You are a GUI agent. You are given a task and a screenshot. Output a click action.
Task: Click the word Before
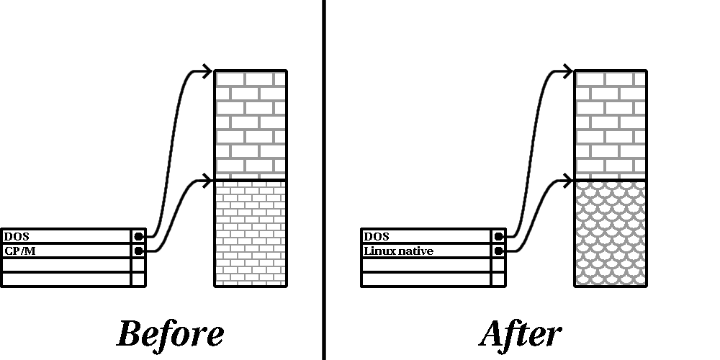[x=170, y=334]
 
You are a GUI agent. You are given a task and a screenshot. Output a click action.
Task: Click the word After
[x=520, y=334]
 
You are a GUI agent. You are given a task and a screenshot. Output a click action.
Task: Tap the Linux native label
[x=398, y=251]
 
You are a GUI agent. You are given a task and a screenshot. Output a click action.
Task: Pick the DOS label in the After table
[x=376, y=236]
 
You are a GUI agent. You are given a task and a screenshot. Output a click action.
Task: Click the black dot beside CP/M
[x=138, y=251]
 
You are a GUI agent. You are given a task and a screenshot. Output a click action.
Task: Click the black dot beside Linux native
[x=498, y=251]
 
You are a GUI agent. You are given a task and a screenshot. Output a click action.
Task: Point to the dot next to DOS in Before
[x=138, y=236]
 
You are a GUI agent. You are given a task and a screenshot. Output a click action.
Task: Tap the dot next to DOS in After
[x=498, y=236]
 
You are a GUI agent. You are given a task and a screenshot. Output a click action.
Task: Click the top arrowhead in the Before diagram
[x=207, y=71]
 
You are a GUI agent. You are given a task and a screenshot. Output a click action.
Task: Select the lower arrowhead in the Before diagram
[x=207, y=178]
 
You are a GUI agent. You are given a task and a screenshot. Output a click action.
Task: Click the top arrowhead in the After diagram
[x=567, y=71]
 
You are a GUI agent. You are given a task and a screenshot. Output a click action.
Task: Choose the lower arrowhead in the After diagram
[x=567, y=178]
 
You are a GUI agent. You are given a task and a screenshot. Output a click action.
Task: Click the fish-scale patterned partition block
[x=611, y=233]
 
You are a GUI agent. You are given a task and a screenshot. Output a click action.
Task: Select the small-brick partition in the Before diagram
[x=251, y=233]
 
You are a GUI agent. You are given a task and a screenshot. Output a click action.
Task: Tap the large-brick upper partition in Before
[x=251, y=124]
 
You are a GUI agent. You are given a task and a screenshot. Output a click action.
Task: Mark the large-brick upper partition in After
[x=611, y=124]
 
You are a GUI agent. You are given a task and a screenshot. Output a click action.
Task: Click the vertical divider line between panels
[x=323, y=180]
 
